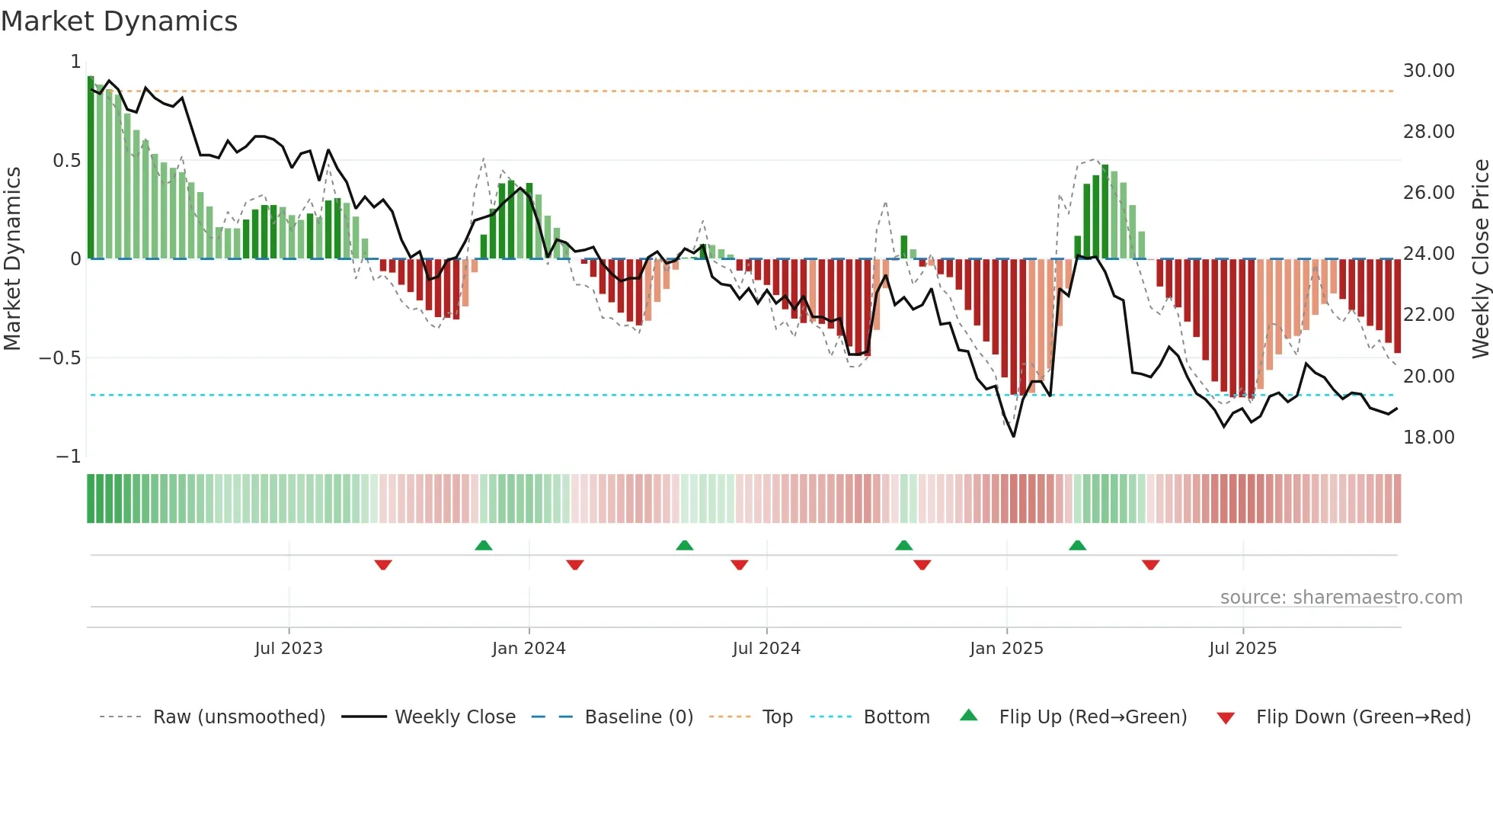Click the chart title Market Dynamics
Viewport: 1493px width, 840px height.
tap(119, 21)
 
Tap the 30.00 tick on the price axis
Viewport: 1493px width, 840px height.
tap(1428, 71)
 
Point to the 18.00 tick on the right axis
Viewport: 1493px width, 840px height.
tap(1428, 438)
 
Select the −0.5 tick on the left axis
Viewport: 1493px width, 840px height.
tap(59, 358)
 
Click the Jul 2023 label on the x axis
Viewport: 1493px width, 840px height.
tap(289, 649)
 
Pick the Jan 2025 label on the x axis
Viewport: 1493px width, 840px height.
tap(1006, 649)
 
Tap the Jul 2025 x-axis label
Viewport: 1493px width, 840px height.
tap(1242, 649)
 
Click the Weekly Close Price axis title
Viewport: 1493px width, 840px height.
tap(1480, 258)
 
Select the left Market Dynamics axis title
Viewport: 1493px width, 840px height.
tap(12, 258)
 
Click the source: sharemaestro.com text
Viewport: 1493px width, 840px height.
tap(1341, 598)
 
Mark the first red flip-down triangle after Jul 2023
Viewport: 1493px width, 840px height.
tap(383, 565)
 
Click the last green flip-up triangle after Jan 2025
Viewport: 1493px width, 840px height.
tap(1077, 545)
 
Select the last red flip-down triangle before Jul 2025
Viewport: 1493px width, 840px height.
tap(1150, 565)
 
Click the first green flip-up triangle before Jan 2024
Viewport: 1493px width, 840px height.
tap(483, 545)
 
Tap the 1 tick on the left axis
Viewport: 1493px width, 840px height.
tap(75, 62)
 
